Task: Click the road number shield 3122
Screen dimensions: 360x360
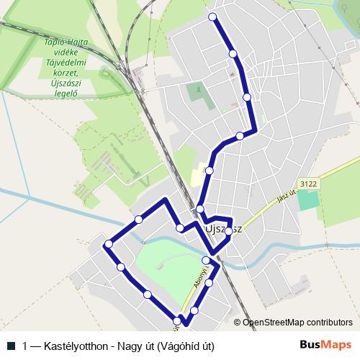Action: (308, 184)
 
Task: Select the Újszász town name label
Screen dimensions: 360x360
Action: (224, 228)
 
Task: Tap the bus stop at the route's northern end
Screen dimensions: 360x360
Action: (212, 17)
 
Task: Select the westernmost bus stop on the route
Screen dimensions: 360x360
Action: (109, 244)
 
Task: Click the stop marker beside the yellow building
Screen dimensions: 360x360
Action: (209, 171)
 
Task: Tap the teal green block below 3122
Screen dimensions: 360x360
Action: (307, 199)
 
